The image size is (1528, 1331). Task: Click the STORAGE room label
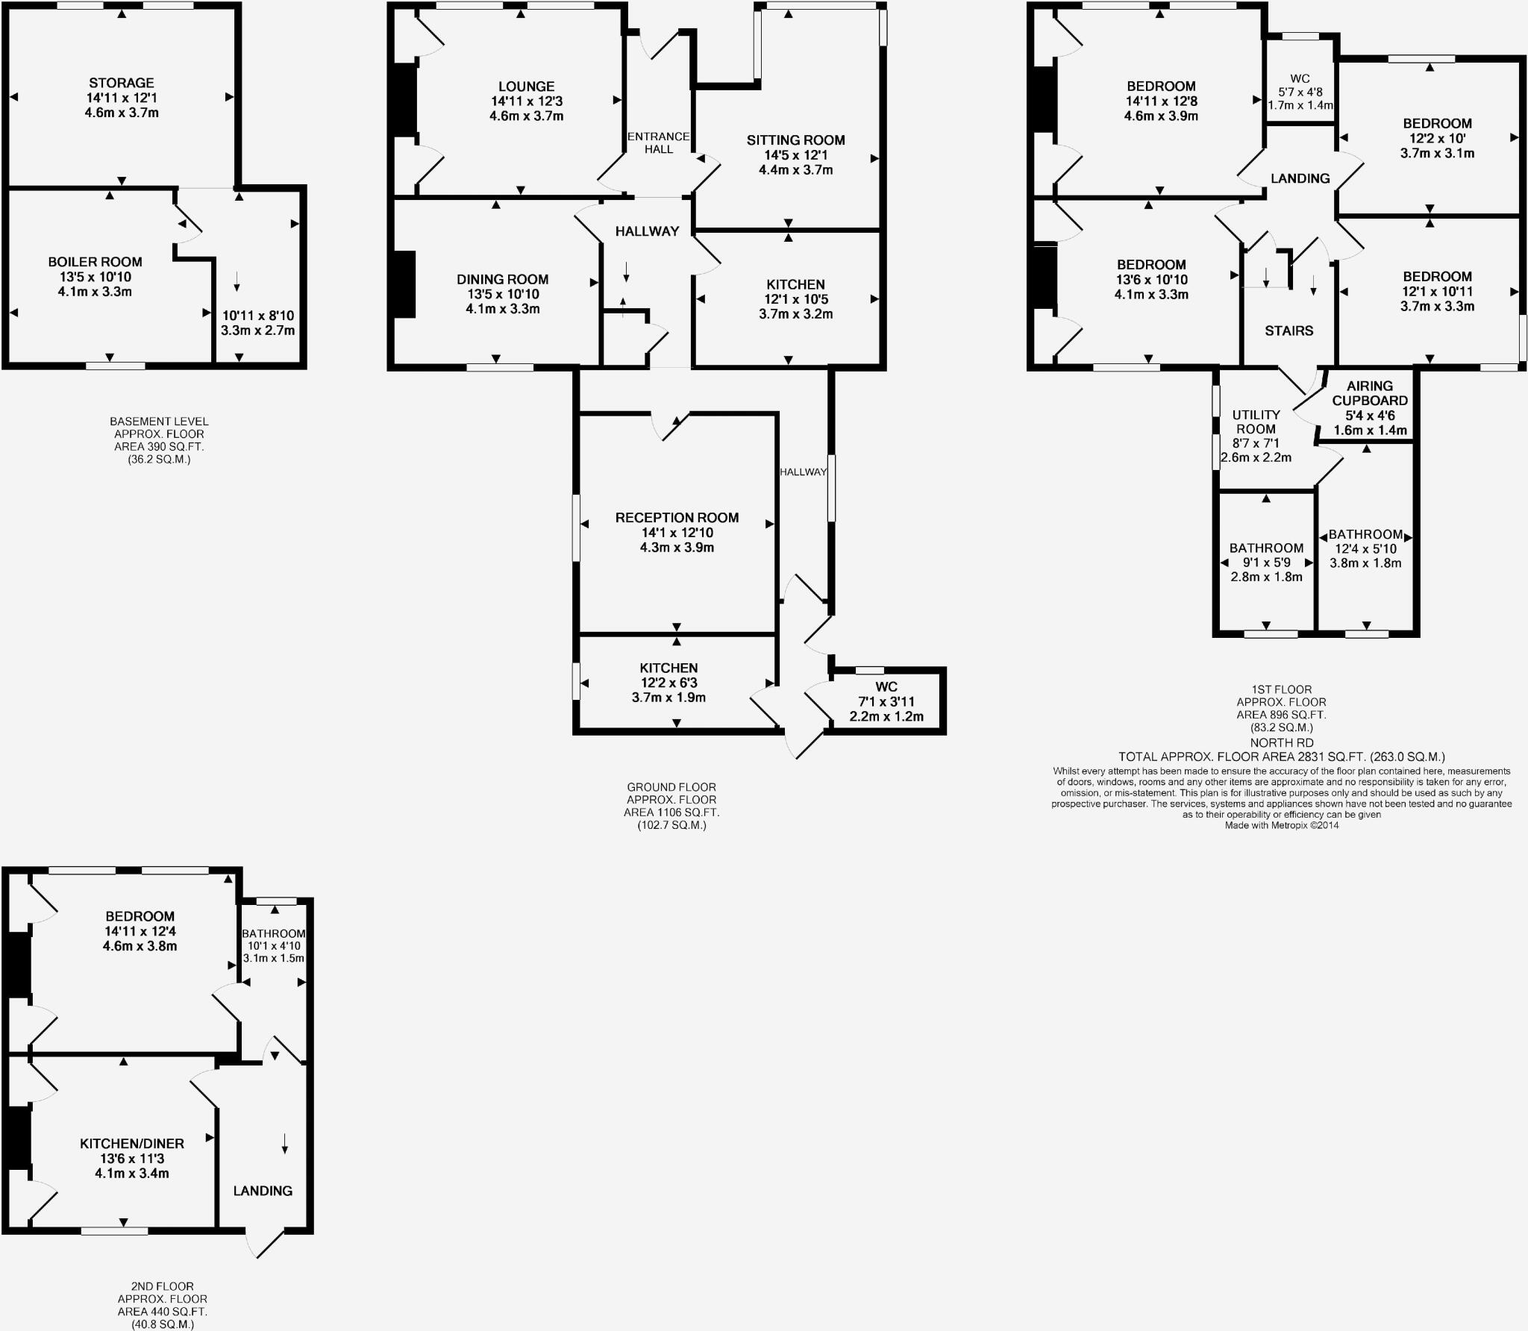point(121,83)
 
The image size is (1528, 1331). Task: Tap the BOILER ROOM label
point(95,262)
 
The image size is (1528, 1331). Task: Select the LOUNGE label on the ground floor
point(526,87)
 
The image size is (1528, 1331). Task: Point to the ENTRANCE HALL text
point(658,143)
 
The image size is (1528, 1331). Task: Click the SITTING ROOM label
point(795,140)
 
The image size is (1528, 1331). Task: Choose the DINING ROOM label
point(502,280)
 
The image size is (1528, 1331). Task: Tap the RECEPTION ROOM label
point(677,518)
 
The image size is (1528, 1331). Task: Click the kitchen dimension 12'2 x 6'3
point(668,683)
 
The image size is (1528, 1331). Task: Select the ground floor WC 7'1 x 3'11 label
point(886,701)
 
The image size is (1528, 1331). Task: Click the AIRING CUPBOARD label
point(1369,393)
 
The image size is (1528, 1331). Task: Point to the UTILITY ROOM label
point(1256,422)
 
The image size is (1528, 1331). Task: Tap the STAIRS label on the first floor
point(1289,331)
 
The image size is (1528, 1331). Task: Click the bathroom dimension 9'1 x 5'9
point(1266,563)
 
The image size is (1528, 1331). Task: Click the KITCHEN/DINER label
point(132,1143)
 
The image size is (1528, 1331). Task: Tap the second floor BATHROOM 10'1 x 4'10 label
point(274,945)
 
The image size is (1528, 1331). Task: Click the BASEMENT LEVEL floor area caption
point(159,440)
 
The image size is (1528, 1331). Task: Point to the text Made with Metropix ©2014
point(1281,825)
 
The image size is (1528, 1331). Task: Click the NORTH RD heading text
point(1282,742)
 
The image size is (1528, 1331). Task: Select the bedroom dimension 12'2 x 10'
point(1437,139)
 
